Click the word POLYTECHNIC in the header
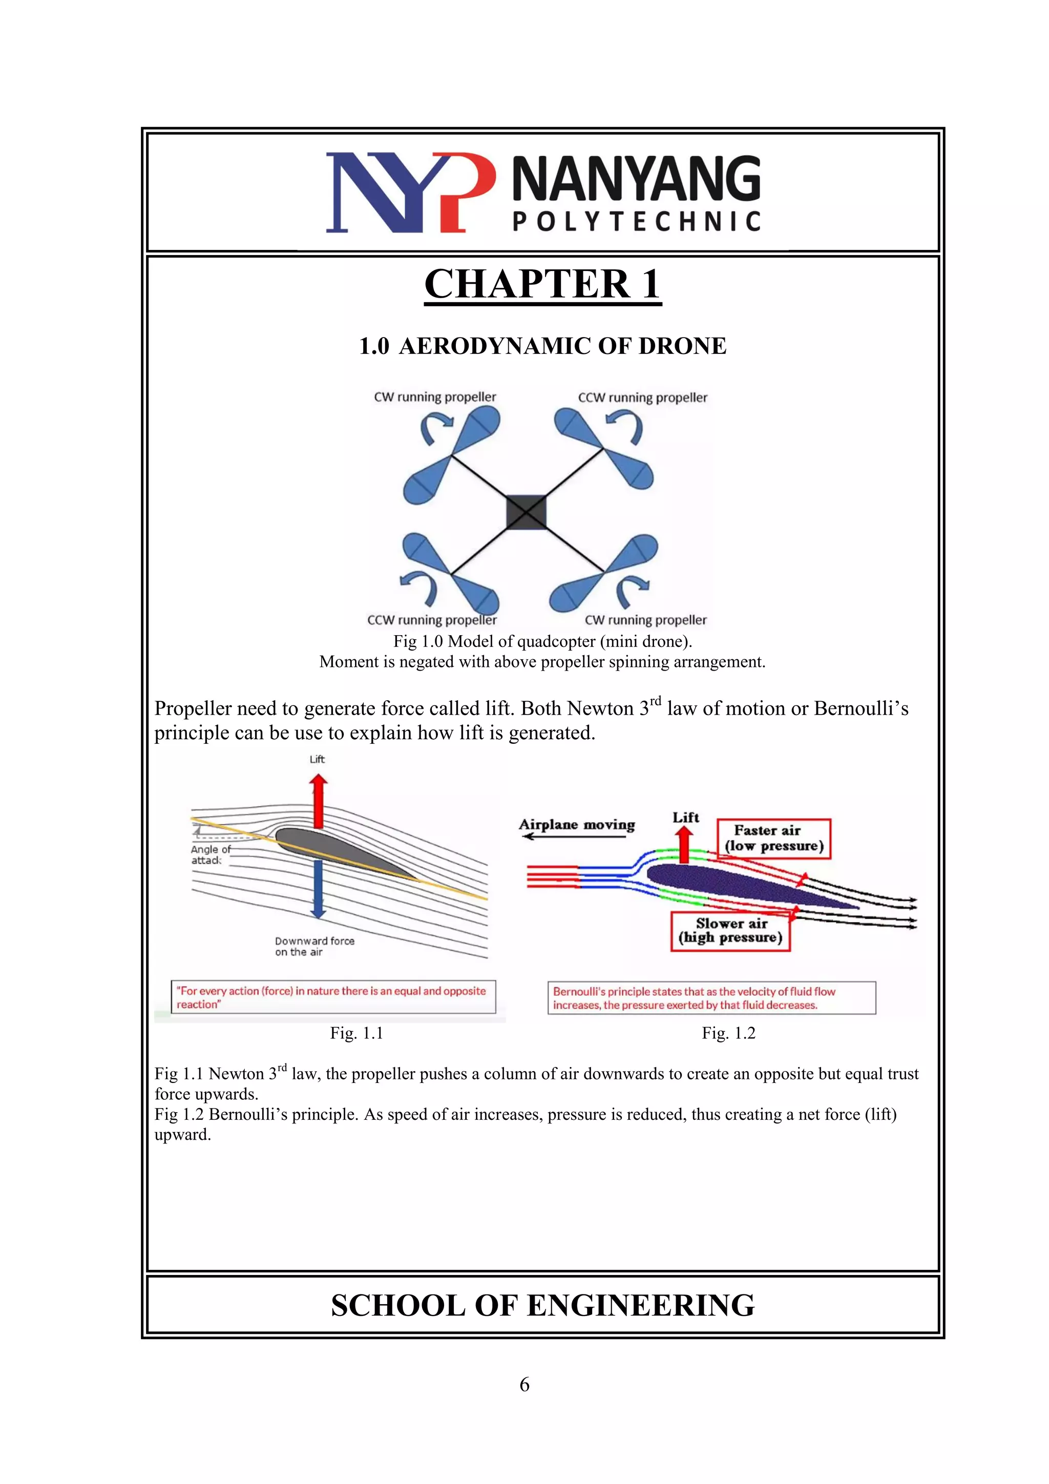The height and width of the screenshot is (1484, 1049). [x=636, y=222]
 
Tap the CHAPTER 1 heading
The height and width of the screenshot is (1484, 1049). [x=542, y=284]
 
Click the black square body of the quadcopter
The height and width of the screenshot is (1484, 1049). [x=526, y=512]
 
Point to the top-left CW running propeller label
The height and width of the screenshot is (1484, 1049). [x=434, y=397]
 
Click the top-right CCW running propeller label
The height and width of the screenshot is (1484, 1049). [x=642, y=398]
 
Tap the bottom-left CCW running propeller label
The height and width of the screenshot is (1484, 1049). [x=432, y=620]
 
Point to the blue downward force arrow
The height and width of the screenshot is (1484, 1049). [x=317, y=889]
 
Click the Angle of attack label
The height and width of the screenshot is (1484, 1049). [x=210, y=854]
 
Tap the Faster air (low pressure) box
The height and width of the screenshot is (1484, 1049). [x=773, y=839]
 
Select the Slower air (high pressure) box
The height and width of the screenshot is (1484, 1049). [x=730, y=931]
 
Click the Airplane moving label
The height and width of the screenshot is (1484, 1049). [x=577, y=825]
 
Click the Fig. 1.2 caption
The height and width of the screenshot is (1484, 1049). [x=728, y=1033]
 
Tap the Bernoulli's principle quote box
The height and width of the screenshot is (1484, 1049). [x=711, y=998]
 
